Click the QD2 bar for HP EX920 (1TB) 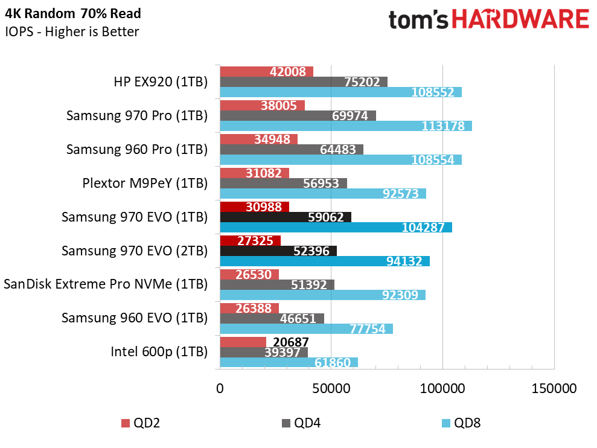point(267,72)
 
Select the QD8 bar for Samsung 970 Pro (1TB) point(346,126)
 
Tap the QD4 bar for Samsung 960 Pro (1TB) point(292,149)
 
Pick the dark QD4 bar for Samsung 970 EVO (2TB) point(278,251)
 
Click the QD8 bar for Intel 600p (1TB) point(289,362)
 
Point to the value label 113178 point(443,126)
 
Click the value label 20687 point(291,342)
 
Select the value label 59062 point(326,217)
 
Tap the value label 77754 point(368,329)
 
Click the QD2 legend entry point(141,423)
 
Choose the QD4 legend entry point(302,423)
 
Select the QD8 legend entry point(461,423)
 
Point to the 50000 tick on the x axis point(331,389)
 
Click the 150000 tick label point(554,389)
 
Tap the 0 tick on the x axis point(220,389)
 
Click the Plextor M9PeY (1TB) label point(145,183)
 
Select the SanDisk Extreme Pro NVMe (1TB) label point(106,284)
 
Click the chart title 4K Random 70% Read point(72,14)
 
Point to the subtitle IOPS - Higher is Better point(72,31)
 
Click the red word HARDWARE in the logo point(520,19)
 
